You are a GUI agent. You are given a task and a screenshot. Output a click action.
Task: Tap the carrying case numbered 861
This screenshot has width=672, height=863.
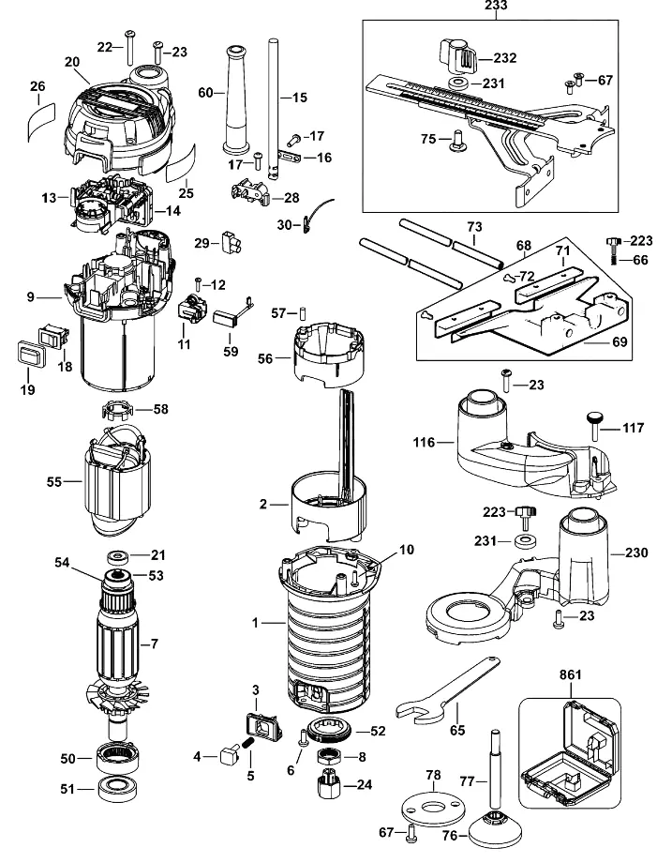point(569,753)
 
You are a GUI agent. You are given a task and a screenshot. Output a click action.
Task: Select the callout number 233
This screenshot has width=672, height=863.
point(496,6)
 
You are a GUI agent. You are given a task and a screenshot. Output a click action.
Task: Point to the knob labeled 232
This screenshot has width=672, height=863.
point(457,56)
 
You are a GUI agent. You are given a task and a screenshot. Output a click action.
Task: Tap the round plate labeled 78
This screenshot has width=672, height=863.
point(433,808)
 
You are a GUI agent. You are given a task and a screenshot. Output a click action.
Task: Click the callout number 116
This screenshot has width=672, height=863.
point(424,442)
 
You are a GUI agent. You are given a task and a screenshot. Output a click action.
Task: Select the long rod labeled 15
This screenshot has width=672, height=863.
point(274,108)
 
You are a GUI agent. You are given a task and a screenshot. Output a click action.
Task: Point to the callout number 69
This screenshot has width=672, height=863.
point(620,342)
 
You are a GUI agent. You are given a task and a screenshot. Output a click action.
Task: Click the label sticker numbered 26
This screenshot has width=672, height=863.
point(41,121)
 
